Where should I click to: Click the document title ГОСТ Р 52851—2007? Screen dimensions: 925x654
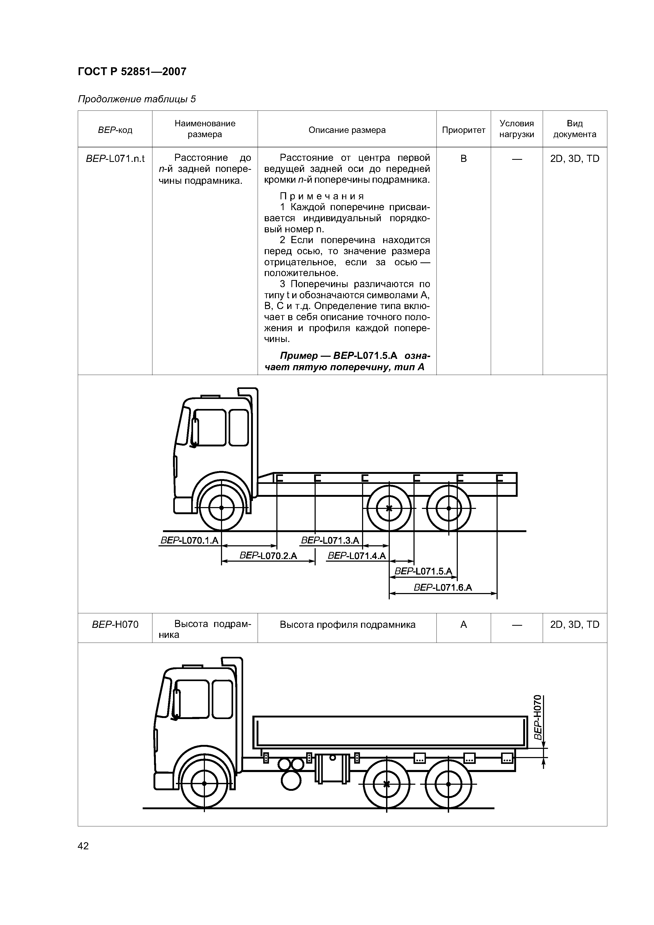(132, 72)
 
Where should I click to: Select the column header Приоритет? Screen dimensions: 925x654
(463, 130)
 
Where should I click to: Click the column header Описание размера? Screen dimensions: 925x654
(347, 130)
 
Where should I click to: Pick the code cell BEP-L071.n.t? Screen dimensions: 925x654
(115, 159)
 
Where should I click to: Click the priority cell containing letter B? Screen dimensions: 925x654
(463, 159)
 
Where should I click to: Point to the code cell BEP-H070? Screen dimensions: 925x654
(115, 624)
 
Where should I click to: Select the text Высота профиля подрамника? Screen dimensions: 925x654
(347, 624)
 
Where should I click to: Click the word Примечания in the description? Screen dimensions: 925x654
(322, 196)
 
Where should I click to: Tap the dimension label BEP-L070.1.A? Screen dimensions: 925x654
(189, 540)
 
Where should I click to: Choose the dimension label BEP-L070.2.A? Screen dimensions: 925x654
(268, 556)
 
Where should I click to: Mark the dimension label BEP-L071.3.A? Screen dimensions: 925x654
(330, 540)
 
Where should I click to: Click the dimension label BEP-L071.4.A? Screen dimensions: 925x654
(357, 556)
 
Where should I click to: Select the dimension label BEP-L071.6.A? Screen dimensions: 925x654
(443, 587)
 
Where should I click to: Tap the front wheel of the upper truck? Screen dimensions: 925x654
(221, 508)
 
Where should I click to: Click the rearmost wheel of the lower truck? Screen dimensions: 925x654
(449, 784)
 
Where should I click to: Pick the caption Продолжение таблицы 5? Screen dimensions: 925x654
(137, 99)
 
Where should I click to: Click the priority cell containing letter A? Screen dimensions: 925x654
(463, 624)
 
